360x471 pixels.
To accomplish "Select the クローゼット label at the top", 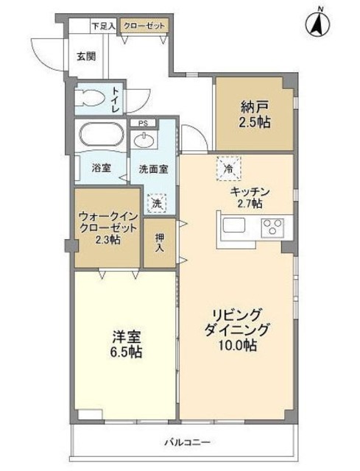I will (x=144, y=26).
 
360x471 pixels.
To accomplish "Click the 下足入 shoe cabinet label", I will (x=102, y=26).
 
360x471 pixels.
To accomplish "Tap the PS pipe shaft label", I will (x=143, y=124).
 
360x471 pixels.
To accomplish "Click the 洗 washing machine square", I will (x=156, y=202).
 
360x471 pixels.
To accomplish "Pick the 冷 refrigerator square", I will (x=228, y=169).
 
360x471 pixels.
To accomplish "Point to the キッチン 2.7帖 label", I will (x=250, y=198).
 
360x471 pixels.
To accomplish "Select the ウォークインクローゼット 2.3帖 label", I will (x=107, y=228).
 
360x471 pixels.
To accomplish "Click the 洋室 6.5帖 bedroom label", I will (x=126, y=344).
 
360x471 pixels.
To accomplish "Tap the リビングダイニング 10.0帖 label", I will (x=236, y=329).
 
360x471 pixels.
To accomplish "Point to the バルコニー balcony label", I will (x=186, y=442).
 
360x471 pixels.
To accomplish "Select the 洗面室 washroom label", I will (x=153, y=169).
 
